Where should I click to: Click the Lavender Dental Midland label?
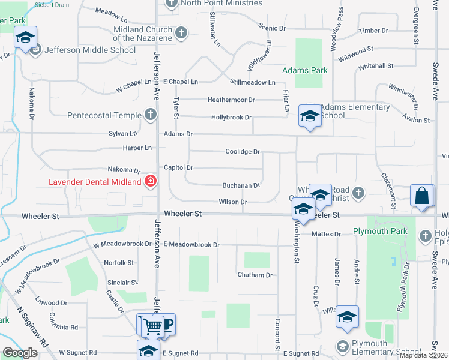[x=95, y=181]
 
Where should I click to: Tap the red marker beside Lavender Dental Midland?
[x=150, y=181]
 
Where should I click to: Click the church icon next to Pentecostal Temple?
[x=150, y=115]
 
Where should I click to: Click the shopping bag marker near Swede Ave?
[x=423, y=196]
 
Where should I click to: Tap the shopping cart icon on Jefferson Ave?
[x=154, y=326]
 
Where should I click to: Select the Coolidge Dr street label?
[x=242, y=152]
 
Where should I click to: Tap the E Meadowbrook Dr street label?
[x=191, y=245]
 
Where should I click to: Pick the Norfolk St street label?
[x=118, y=263]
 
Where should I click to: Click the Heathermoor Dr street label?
[x=231, y=100]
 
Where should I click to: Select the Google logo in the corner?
[x=20, y=353]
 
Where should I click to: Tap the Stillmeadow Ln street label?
[x=252, y=82]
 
